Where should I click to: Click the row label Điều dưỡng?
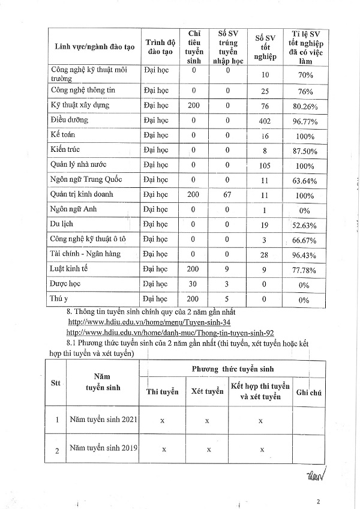70,121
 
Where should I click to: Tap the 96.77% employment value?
305,121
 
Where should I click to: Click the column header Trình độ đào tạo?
160,46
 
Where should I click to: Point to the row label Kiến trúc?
66,149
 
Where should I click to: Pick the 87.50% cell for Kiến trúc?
305,151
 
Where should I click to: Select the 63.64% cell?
305,180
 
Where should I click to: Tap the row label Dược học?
66,283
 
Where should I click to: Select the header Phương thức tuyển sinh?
232,369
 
